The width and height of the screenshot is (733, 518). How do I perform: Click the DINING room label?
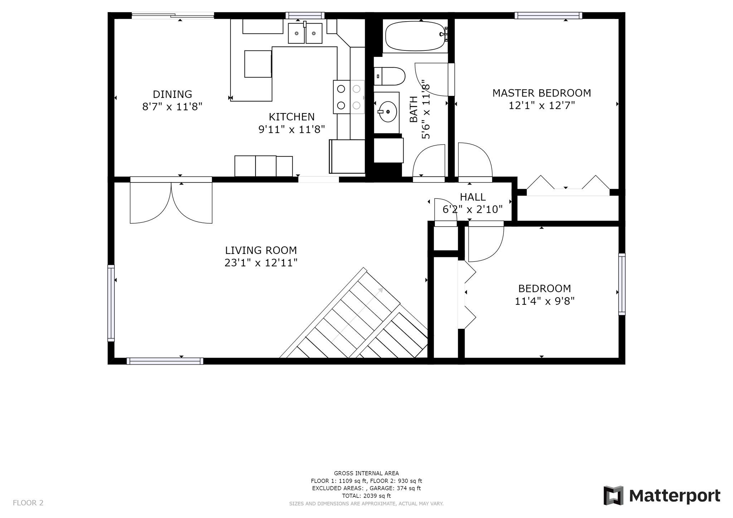[x=173, y=94]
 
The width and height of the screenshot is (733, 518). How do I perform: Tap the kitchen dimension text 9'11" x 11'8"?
[x=292, y=129]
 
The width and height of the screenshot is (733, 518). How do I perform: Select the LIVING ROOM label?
[x=261, y=250]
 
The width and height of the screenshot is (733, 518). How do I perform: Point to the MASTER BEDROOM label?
[x=542, y=93]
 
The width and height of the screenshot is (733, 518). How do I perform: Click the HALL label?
[x=473, y=197]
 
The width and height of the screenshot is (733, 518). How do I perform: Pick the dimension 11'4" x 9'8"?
[x=544, y=301]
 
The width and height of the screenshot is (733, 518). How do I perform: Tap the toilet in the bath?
[x=389, y=76]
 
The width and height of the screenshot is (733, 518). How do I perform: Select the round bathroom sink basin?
[x=388, y=112]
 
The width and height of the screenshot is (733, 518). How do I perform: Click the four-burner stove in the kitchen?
[x=349, y=97]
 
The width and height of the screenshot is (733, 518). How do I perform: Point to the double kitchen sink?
[x=305, y=33]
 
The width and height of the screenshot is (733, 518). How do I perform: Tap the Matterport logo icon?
[x=613, y=495]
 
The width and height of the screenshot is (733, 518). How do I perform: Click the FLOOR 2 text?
[x=28, y=503]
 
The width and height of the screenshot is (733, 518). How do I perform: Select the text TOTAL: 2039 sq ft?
[x=366, y=496]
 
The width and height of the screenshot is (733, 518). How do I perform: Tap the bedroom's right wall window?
[x=622, y=284]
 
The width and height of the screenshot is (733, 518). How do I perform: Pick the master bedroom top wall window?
[x=548, y=15]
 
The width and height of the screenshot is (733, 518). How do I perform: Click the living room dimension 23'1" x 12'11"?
[x=261, y=263]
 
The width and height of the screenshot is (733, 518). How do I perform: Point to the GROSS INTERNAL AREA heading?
[x=366, y=473]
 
